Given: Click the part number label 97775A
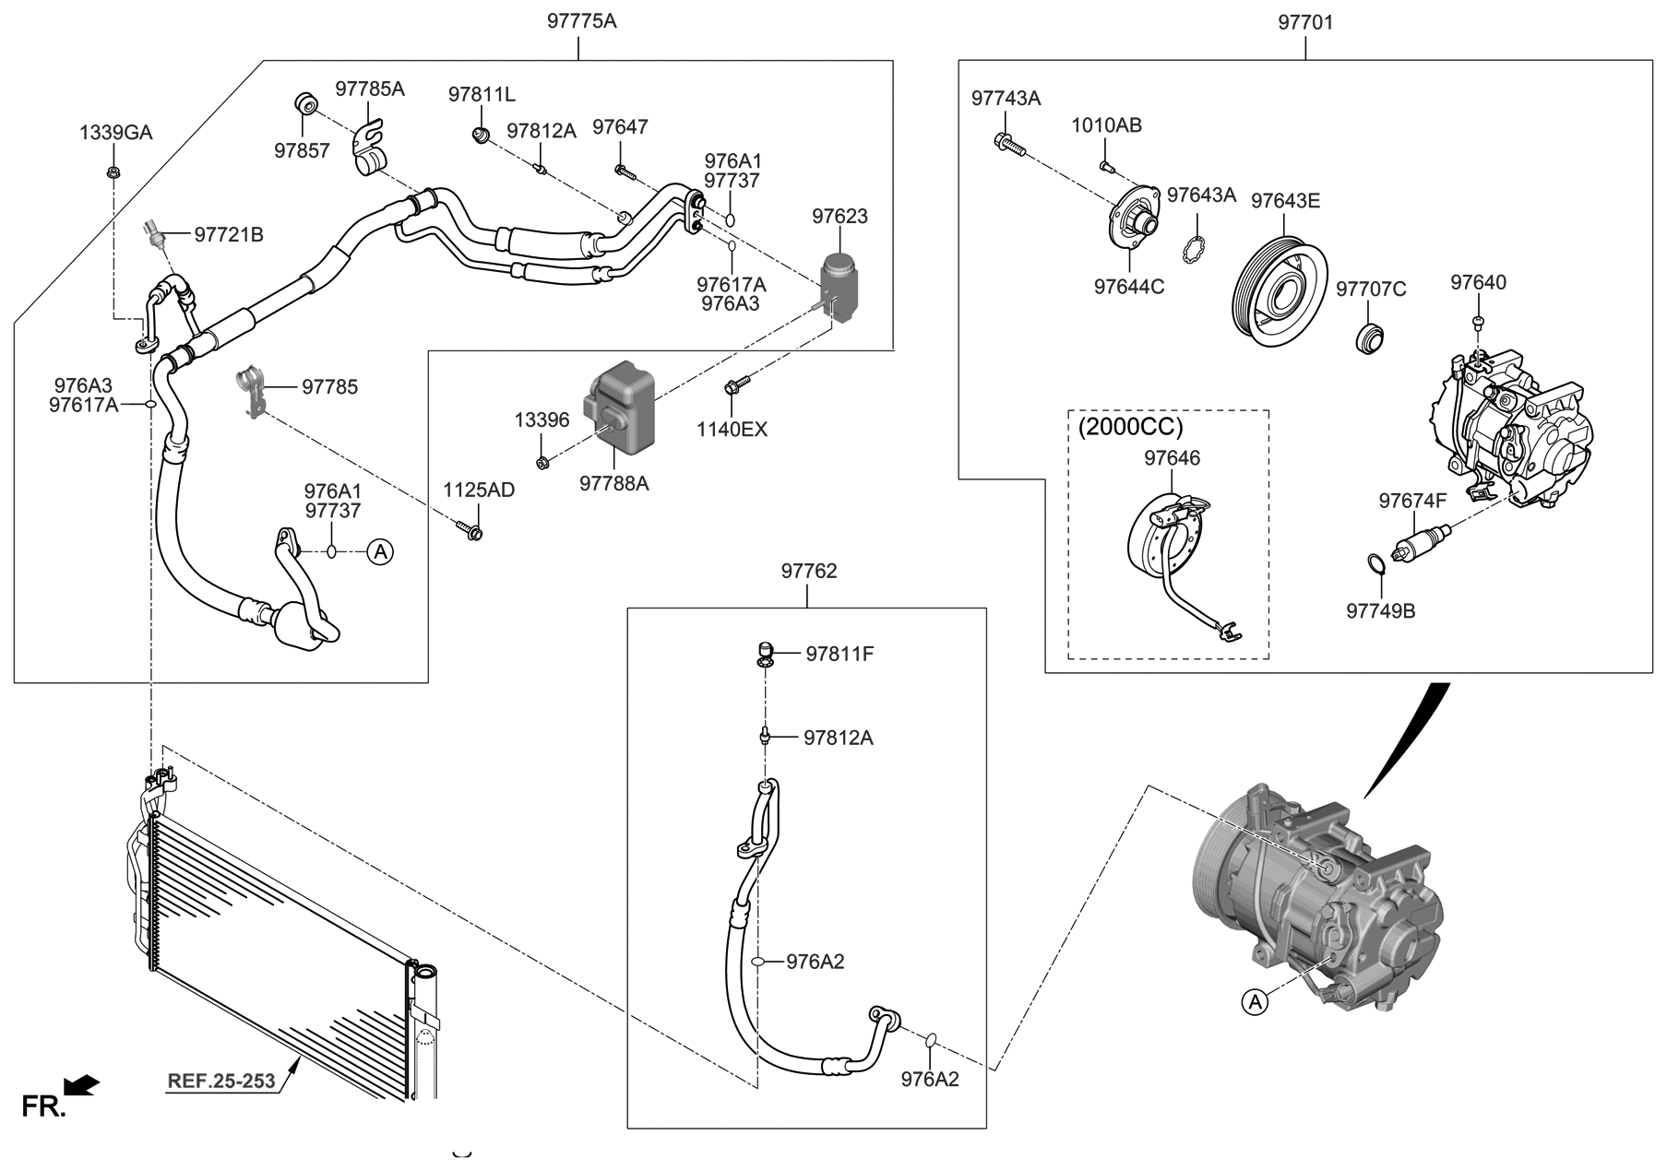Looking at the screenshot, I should coord(580,20).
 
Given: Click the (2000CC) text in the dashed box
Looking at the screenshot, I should coord(1130,427).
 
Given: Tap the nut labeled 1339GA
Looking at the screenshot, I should coord(113,171).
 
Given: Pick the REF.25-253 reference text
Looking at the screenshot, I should coord(221,1081).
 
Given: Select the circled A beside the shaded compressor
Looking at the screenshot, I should coord(1254,1002).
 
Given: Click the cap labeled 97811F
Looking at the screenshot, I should coord(763,654).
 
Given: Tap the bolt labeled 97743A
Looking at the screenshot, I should coord(1008,143).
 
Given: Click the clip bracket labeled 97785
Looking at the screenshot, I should coord(253,391).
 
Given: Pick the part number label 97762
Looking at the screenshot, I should coord(808,572).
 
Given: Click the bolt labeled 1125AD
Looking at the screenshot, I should coord(470,530).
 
